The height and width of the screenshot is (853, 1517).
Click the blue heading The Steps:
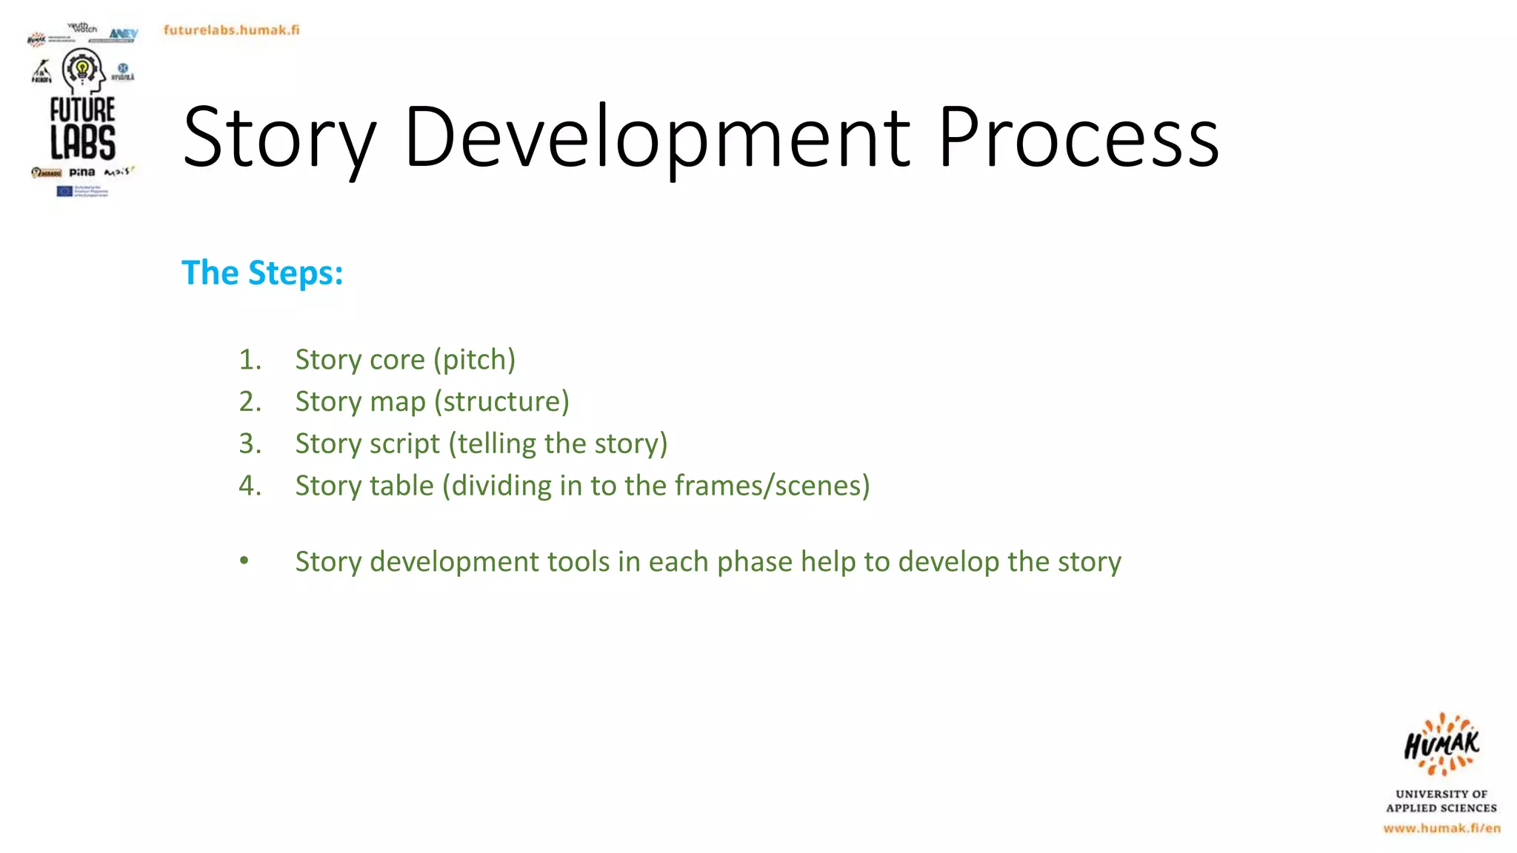tap(262, 272)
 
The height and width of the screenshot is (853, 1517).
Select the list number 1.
tap(250, 360)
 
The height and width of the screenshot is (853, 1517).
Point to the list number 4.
tap(250, 486)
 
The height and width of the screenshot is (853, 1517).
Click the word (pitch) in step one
tap(474, 360)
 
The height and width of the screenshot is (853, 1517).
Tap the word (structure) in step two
tap(501, 401)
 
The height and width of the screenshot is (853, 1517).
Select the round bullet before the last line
tap(244, 561)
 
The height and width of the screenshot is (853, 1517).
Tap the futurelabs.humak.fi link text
tap(231, 30)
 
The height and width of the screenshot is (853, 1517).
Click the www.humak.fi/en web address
tap(1441, 828)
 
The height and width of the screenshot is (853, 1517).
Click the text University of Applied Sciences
tap(1441, 800)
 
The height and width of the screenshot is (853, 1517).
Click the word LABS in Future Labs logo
tap(83, 142)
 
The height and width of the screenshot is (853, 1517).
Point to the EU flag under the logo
tap(64, 191)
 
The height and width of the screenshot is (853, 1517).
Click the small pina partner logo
tap(82, 173)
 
